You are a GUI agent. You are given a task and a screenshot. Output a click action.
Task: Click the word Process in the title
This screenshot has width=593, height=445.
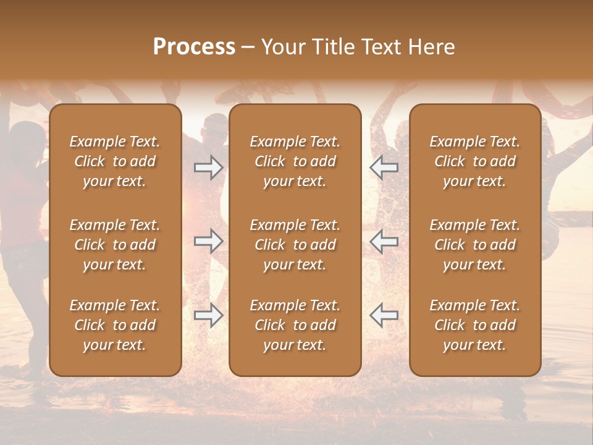pyautogui.click(x=194, y=47)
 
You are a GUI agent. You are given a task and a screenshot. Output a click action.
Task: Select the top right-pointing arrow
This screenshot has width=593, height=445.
pyautogui.click(x=208, y=167)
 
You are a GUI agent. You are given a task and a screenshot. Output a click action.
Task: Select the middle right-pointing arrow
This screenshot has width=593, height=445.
pyautogui.click(x=208, y=241)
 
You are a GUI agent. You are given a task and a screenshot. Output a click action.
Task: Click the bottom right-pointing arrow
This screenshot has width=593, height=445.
pyautogui.click(x=208, y=315)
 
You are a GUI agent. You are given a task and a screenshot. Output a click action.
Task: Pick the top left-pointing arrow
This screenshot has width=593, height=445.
pyautogui.click(x=384, y=167)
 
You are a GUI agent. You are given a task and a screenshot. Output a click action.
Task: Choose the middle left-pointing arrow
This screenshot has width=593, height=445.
pyautogui.click(x=384, y=241)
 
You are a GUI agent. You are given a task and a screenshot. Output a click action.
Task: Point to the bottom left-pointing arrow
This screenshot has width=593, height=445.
pyautogui.click(x=384, y=315)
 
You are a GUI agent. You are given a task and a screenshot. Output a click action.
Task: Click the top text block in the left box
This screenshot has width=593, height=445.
pyautogui.click(x=115, y=161)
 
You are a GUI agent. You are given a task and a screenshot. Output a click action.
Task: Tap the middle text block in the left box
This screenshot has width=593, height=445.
pyautogui.click(x=115, y=245)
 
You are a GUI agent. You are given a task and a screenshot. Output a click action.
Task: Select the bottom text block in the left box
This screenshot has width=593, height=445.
pyautogui.click(x=115, y=325)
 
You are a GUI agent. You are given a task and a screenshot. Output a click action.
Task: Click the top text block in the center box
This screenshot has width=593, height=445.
pyautogui.click(x=295, y=161)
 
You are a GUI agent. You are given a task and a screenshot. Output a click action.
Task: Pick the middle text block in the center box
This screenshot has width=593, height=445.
pyautogui.click(x=295, y=245)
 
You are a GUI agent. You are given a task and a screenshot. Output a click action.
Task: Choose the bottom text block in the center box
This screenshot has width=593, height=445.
pyautogui.click(x=295, y=325)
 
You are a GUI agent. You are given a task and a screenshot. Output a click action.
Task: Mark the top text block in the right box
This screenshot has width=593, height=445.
pyautogui.click(x=475, y=161)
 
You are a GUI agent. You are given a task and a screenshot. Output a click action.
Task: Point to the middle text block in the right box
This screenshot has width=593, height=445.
pyautogui.click(x=475, y=245)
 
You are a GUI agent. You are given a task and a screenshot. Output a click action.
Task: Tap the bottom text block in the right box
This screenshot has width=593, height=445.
pyautogui.click(x=475, y=325)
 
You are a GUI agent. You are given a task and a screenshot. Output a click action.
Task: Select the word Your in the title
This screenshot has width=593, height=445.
pyautogui.click(x=282, y=47)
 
